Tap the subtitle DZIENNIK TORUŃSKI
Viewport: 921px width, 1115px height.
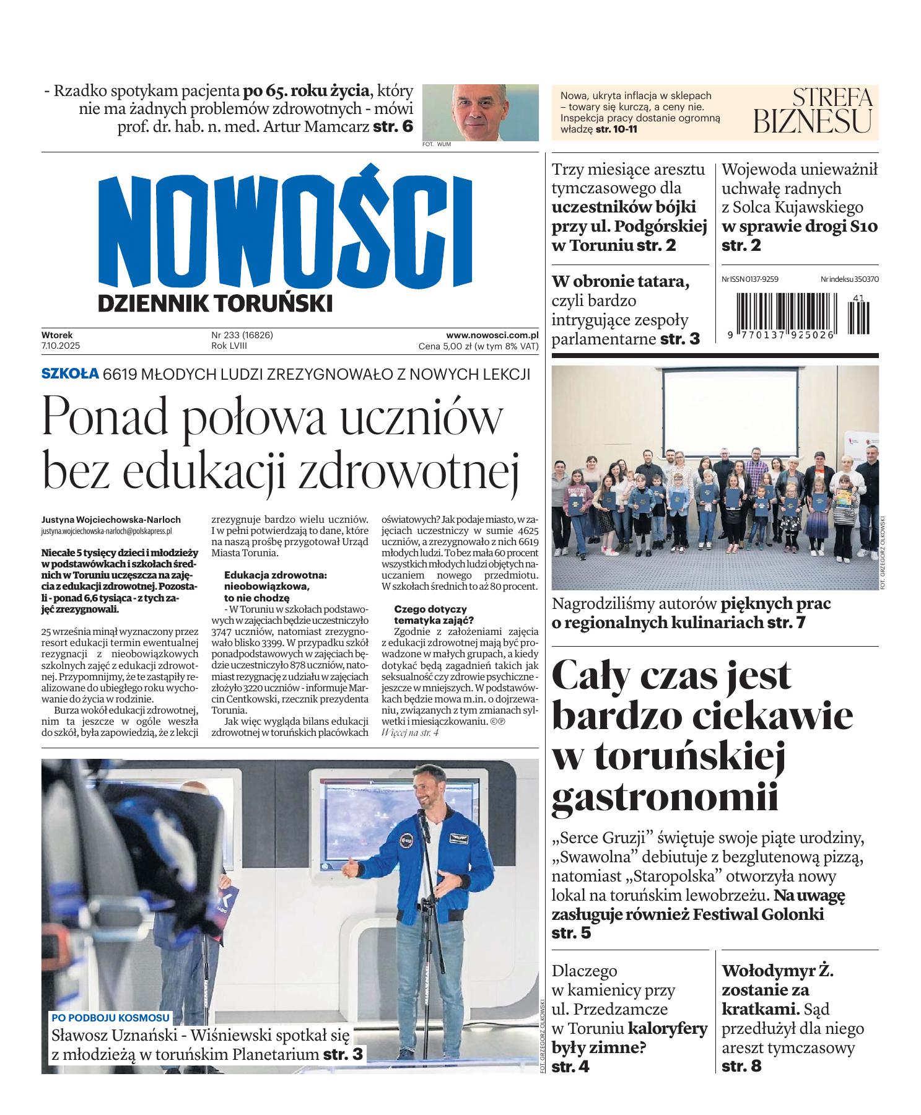pos(215,304)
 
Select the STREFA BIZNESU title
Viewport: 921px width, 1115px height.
pos(813,111)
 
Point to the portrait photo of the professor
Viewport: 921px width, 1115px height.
pos(480,112)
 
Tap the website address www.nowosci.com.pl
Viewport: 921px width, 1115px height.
pos(492,335)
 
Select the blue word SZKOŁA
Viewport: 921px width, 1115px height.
pos(70,373)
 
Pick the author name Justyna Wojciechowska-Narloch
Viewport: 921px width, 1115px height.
pos(111,520)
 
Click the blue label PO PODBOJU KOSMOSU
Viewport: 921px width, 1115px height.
pos(110,1017)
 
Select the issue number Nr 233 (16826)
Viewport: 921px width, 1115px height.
pos(242,335)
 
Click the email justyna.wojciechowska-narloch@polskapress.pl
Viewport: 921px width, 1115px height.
pos(106,531)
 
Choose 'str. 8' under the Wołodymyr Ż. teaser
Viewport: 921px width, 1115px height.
pos(741,1066)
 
